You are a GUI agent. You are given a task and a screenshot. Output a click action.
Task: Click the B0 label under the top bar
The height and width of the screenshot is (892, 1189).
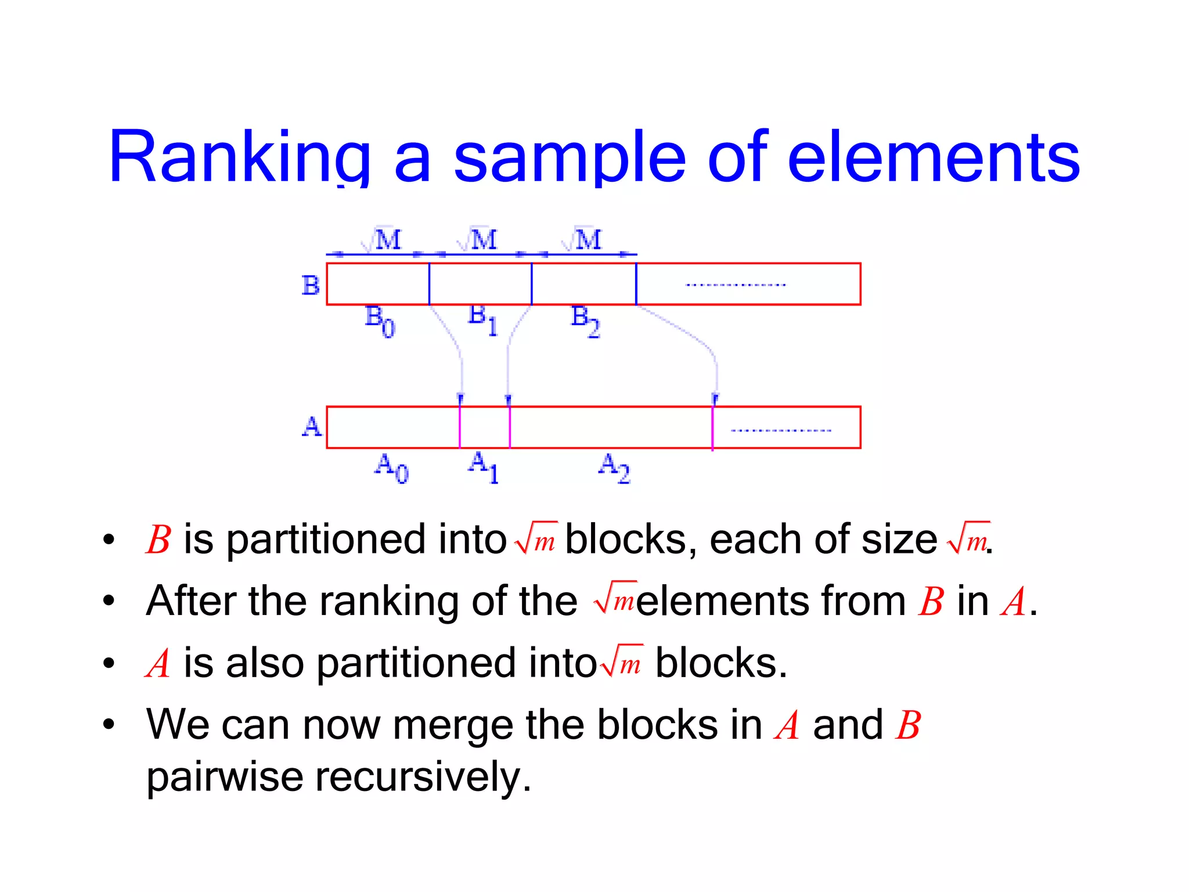pos(379,321)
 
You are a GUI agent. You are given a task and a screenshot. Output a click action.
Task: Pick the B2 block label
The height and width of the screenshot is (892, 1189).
pos(585,321)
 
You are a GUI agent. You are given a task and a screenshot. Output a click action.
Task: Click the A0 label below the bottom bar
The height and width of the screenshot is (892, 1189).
pos(391,468)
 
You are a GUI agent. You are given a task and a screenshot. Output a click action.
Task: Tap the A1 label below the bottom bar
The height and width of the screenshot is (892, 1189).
pos(483,467)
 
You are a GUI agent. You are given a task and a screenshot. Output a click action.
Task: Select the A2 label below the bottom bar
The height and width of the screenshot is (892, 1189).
pos(614,468)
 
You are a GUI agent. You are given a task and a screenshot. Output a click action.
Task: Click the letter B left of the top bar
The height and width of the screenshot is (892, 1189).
pos(311,285)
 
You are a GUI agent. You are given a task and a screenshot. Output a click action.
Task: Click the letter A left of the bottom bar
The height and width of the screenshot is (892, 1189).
pos(312,427)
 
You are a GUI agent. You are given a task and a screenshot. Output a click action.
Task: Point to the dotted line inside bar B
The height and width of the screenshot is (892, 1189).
pos(736,285)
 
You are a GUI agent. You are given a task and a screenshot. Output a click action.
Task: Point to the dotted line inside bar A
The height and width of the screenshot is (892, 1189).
pos(781,431)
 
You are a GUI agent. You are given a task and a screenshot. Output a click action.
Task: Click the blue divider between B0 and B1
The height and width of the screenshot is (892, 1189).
pos(430,284)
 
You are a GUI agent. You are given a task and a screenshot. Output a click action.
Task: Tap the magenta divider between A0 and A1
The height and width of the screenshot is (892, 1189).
pos(460,427)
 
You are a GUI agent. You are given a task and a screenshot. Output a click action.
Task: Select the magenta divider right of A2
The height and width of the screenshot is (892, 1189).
pos(712,427)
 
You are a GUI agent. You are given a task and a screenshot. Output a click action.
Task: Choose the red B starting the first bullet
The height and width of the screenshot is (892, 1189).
pos(158,540)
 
